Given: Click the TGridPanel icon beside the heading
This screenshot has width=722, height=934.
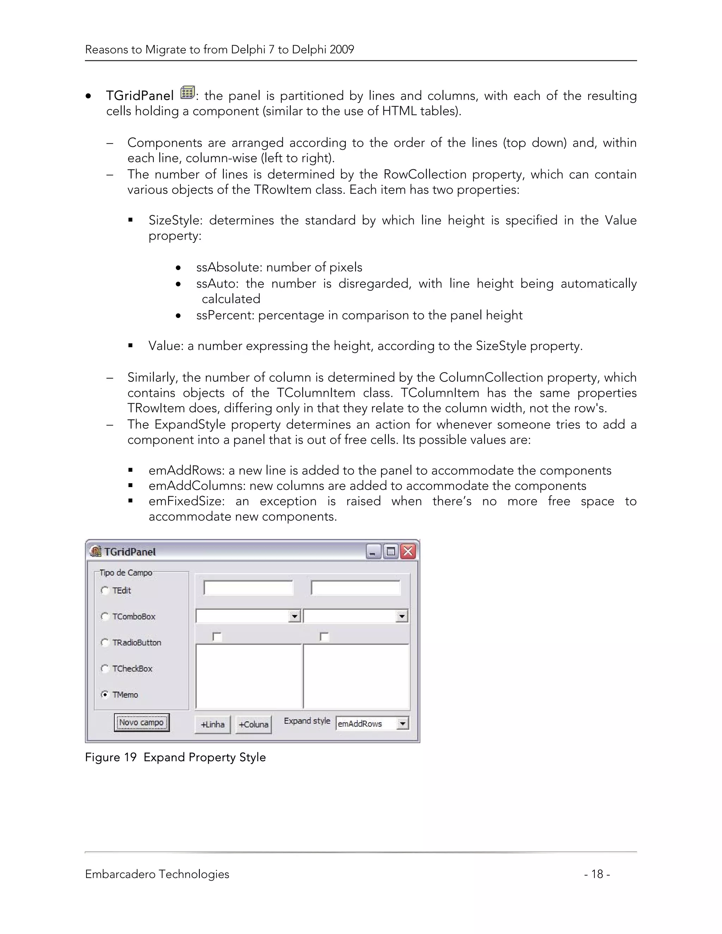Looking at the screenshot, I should click(x=187, y=92).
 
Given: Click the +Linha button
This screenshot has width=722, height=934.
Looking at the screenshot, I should click(x=213, y=724).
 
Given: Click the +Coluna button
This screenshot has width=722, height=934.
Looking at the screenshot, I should click(x=253, y=724).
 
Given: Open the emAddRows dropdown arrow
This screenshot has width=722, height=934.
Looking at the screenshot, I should click(x=402, y=723).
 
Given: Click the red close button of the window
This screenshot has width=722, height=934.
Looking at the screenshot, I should click(x=408, y=551).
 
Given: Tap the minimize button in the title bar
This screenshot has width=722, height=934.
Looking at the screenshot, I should click(x=373, y=552).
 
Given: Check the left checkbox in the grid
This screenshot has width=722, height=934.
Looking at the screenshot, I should click(x=217, y=637).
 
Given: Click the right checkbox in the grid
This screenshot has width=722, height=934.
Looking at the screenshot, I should click(x=324, y=637).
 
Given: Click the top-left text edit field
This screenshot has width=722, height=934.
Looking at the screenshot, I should click(x=249, y=588).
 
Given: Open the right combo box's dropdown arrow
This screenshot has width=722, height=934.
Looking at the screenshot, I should click(x=401, y=616).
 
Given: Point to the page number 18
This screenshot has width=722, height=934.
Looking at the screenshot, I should click(x=597, y=874).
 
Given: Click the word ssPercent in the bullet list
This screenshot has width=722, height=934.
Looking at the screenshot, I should click(x=225, y=315).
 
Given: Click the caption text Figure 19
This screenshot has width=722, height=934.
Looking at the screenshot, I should click(x=111, y=757).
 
